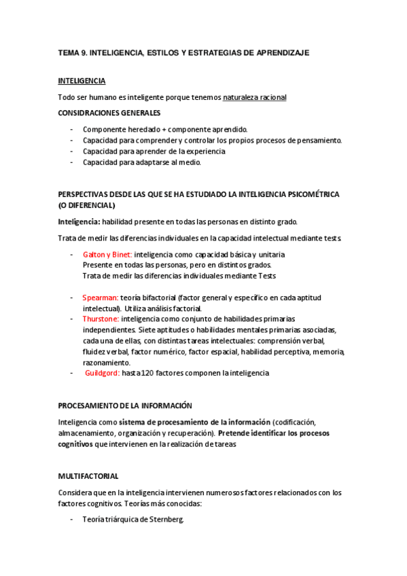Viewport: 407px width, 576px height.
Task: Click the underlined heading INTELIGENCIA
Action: (82, 81)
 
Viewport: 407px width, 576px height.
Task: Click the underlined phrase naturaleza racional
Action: (255, 98)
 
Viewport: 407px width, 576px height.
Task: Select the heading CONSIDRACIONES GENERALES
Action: (109, 113)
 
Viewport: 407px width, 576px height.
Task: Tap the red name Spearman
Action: (101, 298)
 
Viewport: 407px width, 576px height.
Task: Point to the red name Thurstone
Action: (101, 319)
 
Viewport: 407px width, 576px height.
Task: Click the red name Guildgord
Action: (103, 373)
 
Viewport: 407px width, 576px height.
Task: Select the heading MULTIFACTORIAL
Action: (88, 477)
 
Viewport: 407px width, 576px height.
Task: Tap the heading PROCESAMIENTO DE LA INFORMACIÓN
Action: (125, 406)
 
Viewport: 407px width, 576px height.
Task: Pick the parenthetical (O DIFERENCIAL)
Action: (86, 205)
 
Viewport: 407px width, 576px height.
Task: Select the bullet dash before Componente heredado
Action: (71, 129)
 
